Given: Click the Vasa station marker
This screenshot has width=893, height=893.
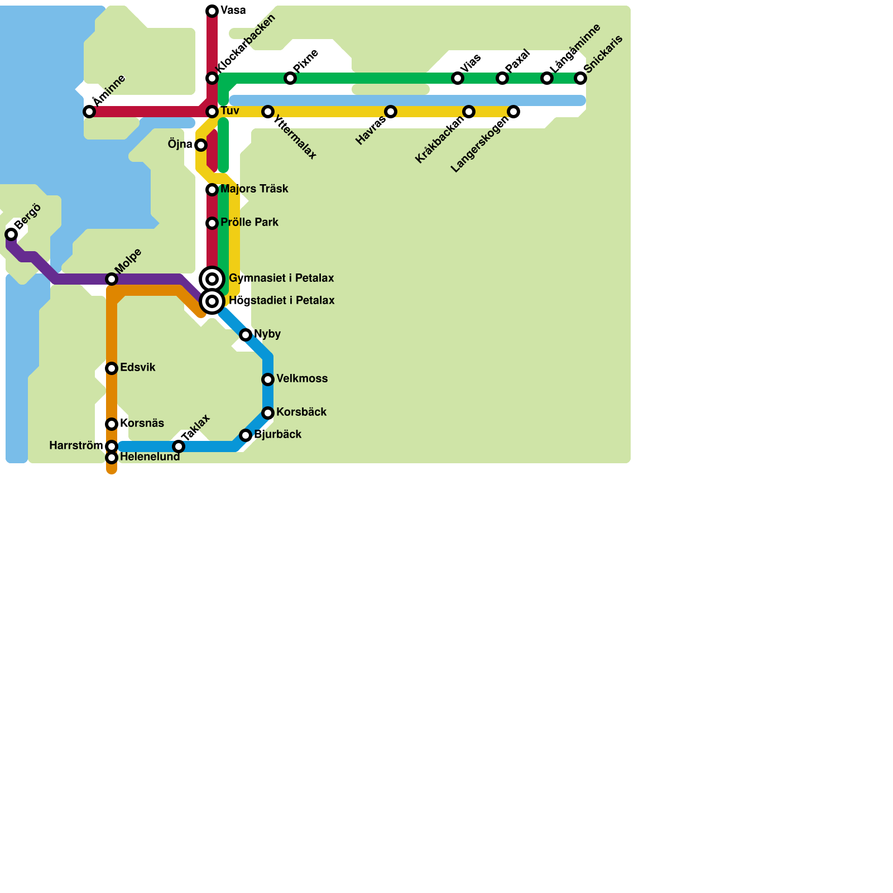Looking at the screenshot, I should click(x=212, y=11).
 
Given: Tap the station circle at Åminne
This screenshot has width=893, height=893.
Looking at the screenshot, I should click(x=89, y=112).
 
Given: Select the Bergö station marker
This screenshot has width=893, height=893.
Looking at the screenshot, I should click(x=11, y=234).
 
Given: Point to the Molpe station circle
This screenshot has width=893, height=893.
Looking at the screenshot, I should click(x=112, y=279).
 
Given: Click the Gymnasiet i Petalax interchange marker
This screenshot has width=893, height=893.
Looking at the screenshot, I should click(x=212, y=279).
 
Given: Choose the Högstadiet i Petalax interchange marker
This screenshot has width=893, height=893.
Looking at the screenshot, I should click(x=212, y=301).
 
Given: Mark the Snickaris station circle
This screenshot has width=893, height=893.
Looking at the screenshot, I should click(x=580, y=78).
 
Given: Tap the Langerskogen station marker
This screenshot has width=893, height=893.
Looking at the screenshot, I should click(x=513, y=112).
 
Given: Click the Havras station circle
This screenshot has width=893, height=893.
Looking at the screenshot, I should click(x=391, y=112).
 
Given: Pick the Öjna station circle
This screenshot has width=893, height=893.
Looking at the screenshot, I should click(x=201, y=145).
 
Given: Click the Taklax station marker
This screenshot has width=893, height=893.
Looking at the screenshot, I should click(x=179, y=446).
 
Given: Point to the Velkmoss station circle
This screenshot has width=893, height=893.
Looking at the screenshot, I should click(x=268, y=380).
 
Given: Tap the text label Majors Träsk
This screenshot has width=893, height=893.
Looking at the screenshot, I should click(x=254, y=189).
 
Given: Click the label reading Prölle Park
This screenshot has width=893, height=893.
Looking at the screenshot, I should click(x=249, y=223).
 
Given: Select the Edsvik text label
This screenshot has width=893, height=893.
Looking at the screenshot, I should click(x=137, y=368).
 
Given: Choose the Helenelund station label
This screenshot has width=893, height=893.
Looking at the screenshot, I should click(x=150, y=457).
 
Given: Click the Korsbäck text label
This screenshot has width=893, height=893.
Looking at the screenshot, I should click(x=301, y=412).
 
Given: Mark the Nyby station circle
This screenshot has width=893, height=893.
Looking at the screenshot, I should click(x=246, y=335).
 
